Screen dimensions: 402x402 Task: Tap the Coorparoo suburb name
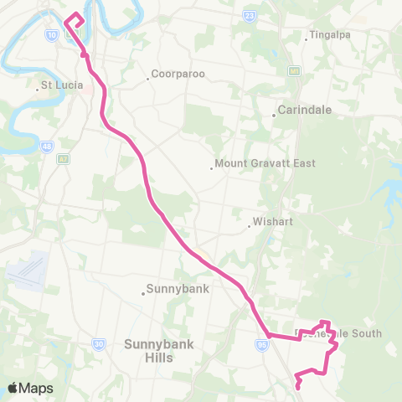[x=179, y=74]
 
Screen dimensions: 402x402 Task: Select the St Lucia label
[x=59, y=85]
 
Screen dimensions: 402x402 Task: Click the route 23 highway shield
[x=250, y=15]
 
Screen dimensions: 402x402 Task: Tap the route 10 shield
[x=52, y=35]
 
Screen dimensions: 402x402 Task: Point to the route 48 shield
[x=46, y=146]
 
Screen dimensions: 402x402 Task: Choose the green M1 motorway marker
[x=295, y=71]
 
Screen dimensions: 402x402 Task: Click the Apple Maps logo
[x=31, y=388]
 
